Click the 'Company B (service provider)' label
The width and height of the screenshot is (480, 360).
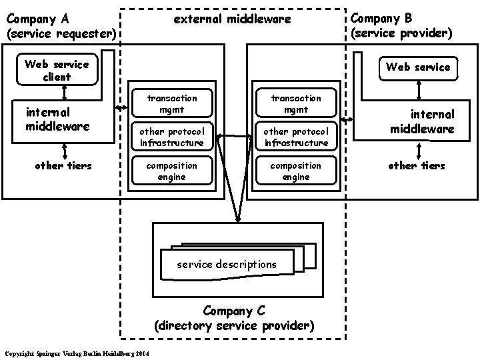coord(401,25)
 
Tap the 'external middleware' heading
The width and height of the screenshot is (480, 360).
coord(232,19)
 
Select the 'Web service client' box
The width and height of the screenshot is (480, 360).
coord(56,70)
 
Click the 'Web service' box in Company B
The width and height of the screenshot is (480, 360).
coord(418,67)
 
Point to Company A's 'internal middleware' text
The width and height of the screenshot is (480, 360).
coord(57,119)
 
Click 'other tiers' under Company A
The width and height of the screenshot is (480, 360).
coord(63,165)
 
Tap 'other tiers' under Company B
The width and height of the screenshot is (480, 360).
coord(416,165)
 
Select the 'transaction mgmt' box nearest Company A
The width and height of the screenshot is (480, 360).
coord(172,103)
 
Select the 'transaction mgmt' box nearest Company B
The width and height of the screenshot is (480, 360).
coord(295,103)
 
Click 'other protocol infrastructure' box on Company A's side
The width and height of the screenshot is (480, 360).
coord(172,137)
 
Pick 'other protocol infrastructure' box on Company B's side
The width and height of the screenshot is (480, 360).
coord(295,137)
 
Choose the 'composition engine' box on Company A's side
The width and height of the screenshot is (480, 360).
coord(172,171)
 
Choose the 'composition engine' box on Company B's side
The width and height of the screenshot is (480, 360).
coord(295,171)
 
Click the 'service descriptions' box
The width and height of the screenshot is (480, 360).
coord(227,264)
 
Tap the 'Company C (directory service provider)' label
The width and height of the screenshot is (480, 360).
coord(233,318)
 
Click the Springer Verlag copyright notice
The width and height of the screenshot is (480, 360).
coord(77,353)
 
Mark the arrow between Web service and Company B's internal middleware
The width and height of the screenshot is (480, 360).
coord(418,88)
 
